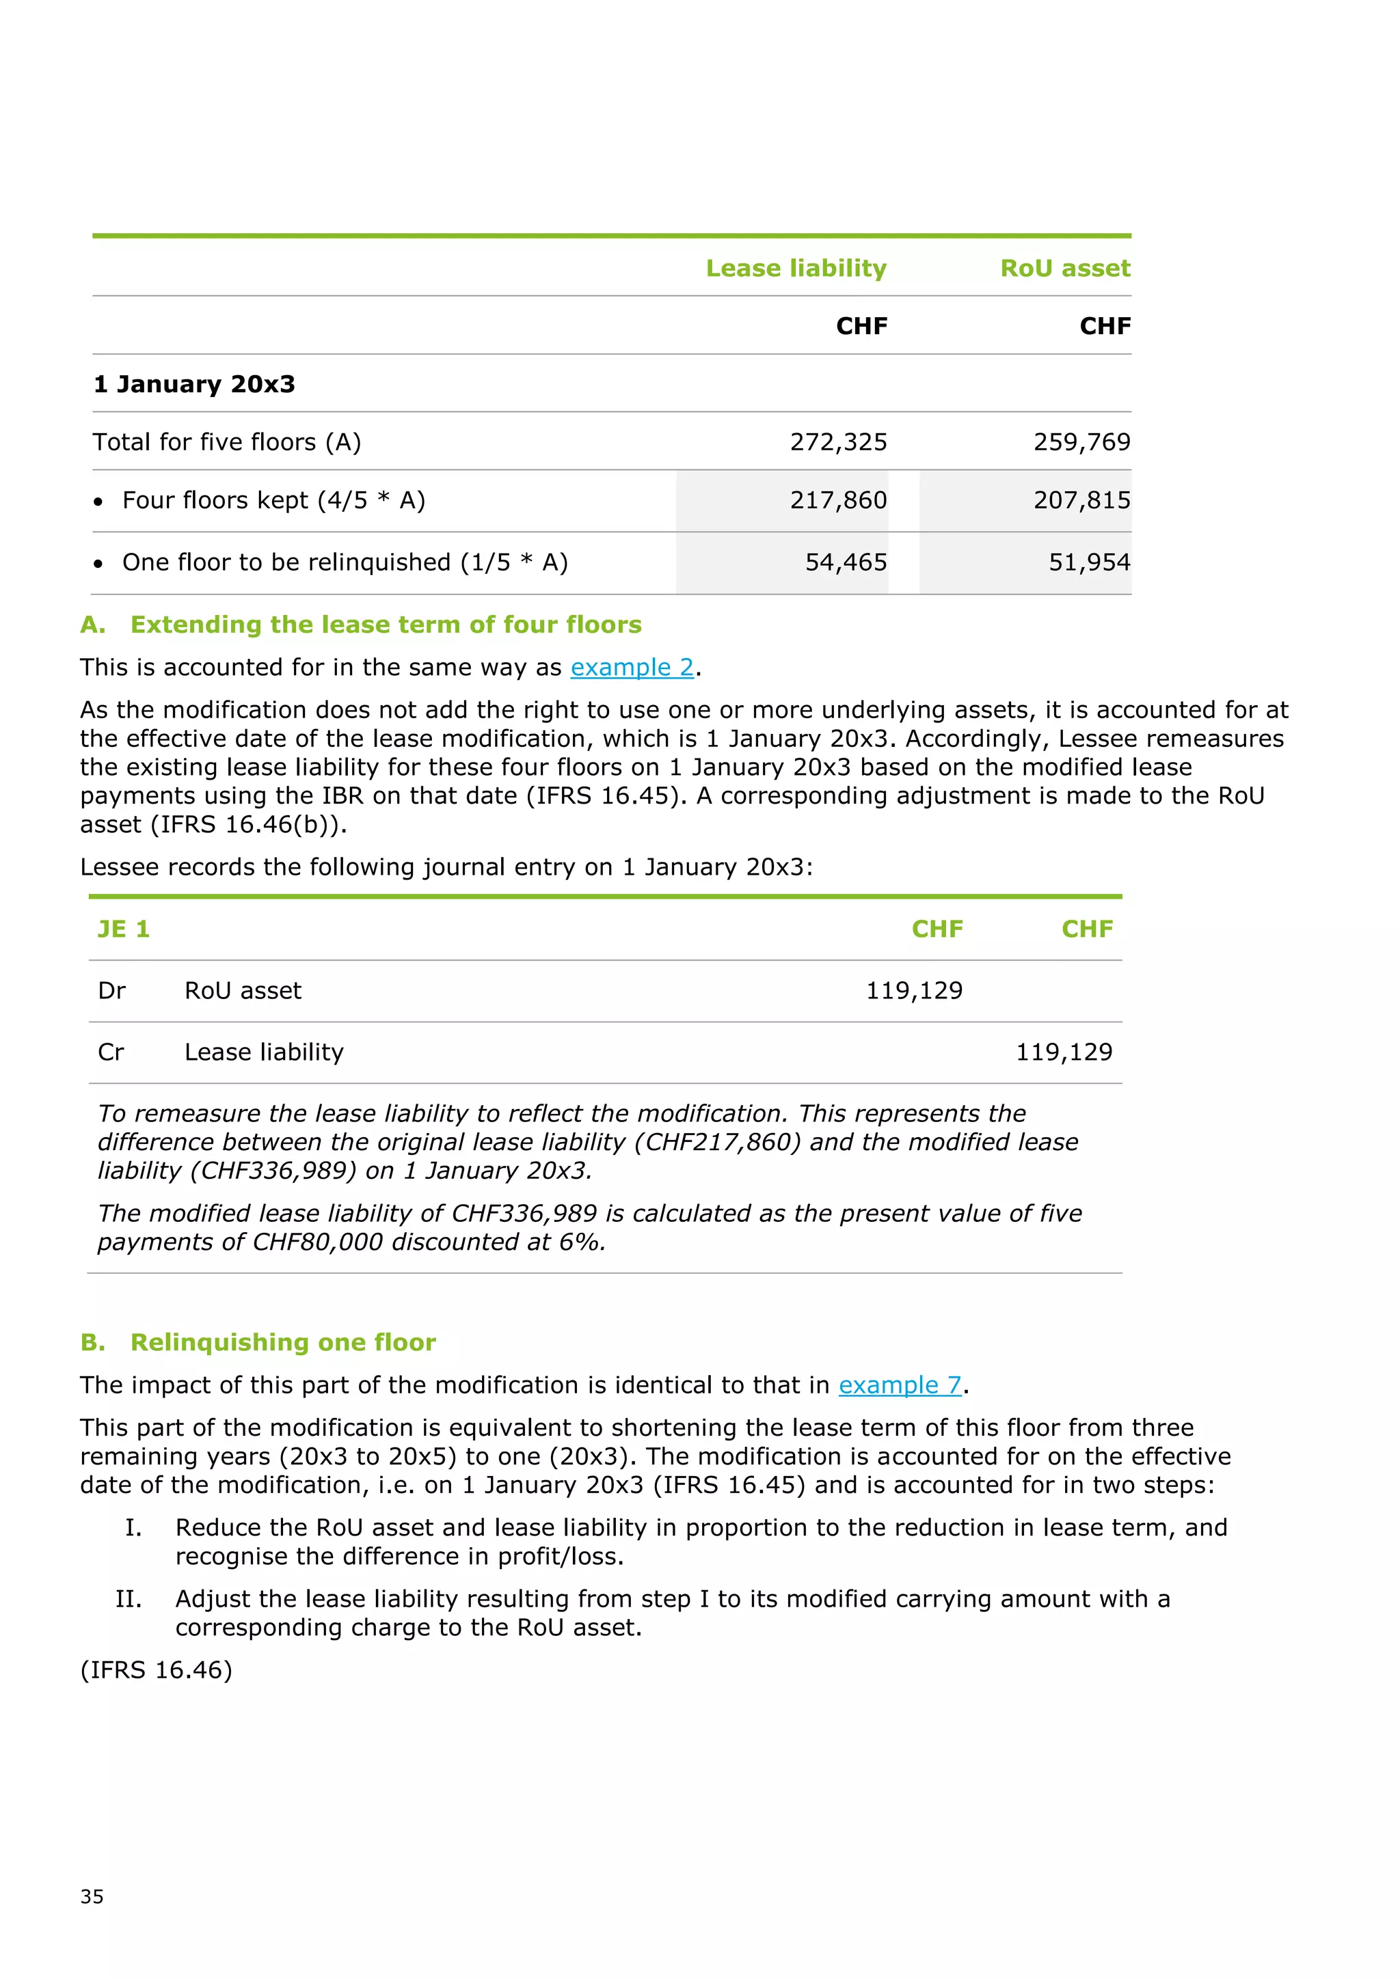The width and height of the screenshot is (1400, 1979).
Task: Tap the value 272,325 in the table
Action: pyautogui.click(x=838, y=442)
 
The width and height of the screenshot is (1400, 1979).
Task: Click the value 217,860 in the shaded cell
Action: pyautogui.click(x=838, y=500)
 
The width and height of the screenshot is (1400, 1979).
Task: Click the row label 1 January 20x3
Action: pyautogui.click(x=194, y=385)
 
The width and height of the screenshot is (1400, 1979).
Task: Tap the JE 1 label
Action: pyautogui.click(x=123, y=929)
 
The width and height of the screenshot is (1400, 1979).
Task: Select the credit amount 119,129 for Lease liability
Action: pyautogui.click(x=1064, y=1052)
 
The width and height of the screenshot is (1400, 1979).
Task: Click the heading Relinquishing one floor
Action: pyautogui.click(x=283, y=1342)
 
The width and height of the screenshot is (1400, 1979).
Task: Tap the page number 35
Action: pyautogui.click(x=92, y=1896)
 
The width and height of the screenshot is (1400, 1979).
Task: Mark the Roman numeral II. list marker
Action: pyautogui.click(x=129, y=1599)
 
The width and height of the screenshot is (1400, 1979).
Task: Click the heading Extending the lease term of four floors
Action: pyautogui.click(x=386, y=624)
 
